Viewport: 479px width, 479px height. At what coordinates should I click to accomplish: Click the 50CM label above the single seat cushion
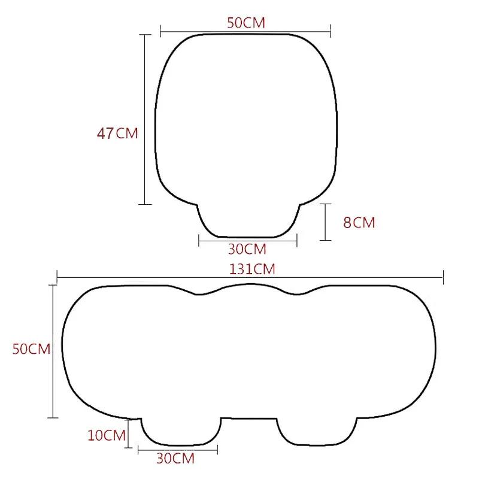(246, 23)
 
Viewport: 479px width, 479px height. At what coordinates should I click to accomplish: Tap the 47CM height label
(117, 134)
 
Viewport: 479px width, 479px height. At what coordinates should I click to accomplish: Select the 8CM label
(359, 223)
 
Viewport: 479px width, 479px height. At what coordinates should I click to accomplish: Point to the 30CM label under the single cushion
(247, 248)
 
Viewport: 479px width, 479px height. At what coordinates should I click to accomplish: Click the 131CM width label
(252, 269)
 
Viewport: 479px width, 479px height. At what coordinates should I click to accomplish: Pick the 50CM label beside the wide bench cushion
(32, 349)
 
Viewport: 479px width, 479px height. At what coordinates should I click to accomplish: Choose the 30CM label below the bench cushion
(175, 459)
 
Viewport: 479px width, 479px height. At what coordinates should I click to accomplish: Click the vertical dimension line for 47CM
(145, 120)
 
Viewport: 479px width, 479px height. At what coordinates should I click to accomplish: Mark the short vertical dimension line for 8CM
(325, 222)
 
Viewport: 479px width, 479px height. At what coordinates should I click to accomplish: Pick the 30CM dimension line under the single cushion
(247, 241)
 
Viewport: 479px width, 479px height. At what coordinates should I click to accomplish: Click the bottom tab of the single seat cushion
(248, 220)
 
